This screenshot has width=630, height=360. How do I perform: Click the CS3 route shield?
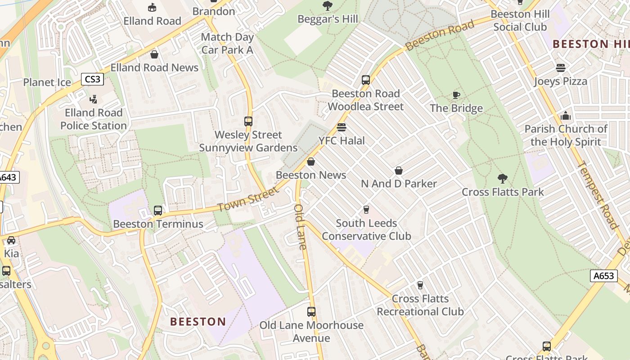(x=93, y=80)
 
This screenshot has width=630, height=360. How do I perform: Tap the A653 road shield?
(x=603, y=276)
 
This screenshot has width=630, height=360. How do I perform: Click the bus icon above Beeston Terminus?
(x=158, y=210)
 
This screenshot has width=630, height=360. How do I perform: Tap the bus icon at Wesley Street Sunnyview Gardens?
(x=248, y=121)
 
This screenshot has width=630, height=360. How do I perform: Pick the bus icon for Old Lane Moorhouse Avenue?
(x=311, y=311)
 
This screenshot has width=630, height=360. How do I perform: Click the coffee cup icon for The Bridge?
(x=456, y=95)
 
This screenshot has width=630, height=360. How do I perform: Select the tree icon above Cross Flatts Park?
(x=503, y=179)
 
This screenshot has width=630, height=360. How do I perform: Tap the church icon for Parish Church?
(x=566, y=116)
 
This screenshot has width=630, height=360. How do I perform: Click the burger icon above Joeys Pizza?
(x=560, y=68)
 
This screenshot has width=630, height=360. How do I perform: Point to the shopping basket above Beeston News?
(x=311, y=162)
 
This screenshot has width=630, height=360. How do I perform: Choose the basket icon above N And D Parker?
(x=399, y=171)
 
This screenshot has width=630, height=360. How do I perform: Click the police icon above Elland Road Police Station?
(x=94, y=99)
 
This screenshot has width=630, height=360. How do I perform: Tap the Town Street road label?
(x=248, y=199)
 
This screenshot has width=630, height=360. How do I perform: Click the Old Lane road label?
(x=300, y=227)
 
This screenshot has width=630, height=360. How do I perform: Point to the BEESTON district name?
(x=198, y=322)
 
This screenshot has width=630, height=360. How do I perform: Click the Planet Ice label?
(x=47, y=82)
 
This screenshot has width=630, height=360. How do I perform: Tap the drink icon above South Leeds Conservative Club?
(x=366, y=210)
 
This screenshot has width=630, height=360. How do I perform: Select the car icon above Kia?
(x=11, y=240)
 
